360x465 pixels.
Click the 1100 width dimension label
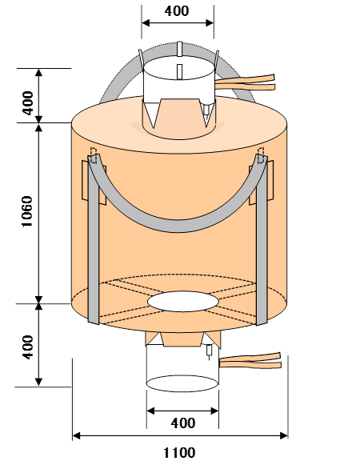pyautogui.click(x=179, y=453)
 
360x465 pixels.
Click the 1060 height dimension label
pyautogui.click(x=27, y=211)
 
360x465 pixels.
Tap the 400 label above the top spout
pyautogui.click(x=177, y=11)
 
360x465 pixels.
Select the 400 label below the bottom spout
pyautogui.click(x=183, y=423)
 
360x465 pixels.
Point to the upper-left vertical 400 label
pyautogui.click(x=27, y=103)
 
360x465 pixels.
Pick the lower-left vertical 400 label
pyautogui.click(x=27, y=347)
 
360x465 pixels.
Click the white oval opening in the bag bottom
pyautogui.click(x=183, y=301)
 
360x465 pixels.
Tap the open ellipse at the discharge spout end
pyautogui.click(x=182, y=383)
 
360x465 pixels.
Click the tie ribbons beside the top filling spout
pyautogui.click(x=245, y=82)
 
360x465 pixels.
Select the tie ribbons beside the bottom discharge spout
pyautogui.click(x=250, y=361)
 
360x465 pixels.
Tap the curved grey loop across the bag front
pyautogui.click(x=178, y=226)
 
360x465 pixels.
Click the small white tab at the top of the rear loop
pyautogui.click(x=179, y=49)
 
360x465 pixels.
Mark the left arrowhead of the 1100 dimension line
pyautogui.click(x=76, y=435)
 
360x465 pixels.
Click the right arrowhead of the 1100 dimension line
pyautogui.click(x=284, y=435)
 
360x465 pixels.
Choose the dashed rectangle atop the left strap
pyautogui.click(x=94, y=155)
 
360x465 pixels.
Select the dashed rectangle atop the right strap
pyautogui.click(x=261, y=155)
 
